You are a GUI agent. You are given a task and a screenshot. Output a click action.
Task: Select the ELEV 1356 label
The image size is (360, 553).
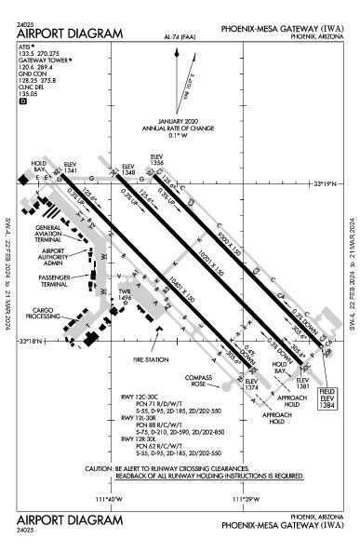coord(159,161)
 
